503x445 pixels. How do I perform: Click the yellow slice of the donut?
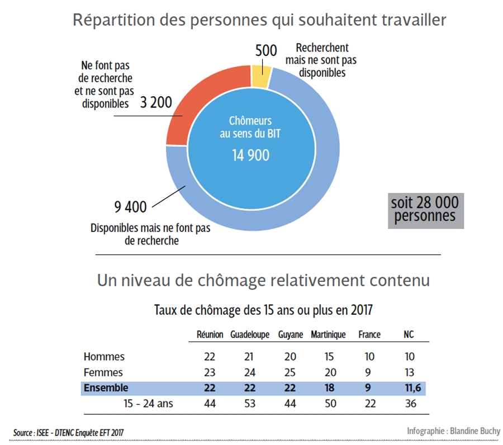(261, 76)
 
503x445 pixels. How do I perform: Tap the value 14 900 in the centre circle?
(250, 155)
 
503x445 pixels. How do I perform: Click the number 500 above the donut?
(266, 50)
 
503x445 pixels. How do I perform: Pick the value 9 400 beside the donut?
(130, 207)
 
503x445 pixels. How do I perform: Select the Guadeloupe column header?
(250, 335)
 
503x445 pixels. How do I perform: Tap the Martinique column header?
(328, 335)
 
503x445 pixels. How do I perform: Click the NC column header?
(409, 335)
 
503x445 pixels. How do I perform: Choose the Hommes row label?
(104, 357)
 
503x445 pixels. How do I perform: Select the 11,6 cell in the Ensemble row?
(410, 388)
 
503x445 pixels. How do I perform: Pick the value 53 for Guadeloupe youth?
(250, 404)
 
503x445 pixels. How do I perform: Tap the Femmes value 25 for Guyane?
(290, 372)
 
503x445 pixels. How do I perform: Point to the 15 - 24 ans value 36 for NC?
(410, 404)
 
